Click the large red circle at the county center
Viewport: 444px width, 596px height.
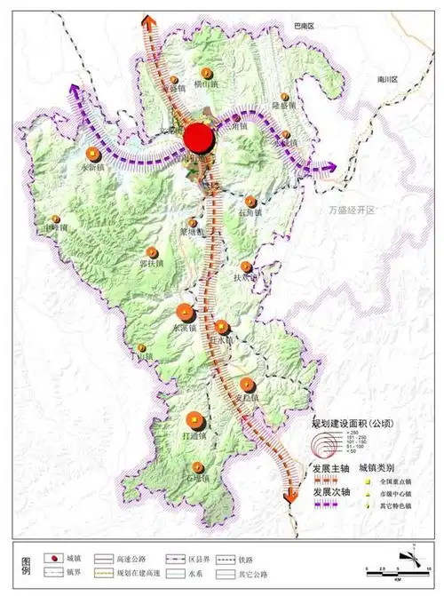pos(199,138)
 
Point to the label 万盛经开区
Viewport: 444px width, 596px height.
pos(352,210)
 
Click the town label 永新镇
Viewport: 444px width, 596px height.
pos(92,166)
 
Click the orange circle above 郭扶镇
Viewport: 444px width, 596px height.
pos(155,250)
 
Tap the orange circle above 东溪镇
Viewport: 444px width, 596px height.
pos(186,311)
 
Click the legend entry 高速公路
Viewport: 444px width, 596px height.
pos(130,560)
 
